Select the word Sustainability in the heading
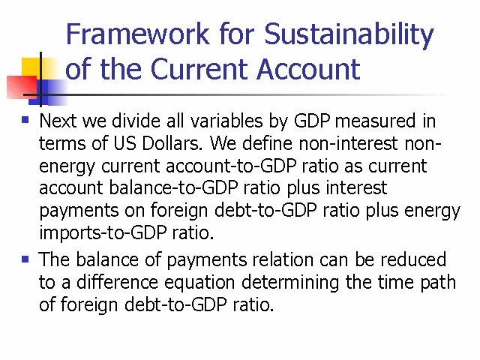349,35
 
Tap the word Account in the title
308,69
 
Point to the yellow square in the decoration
31,67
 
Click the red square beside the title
22,87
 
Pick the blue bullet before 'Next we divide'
25,119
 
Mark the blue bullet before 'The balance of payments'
25,259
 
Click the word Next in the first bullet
58,121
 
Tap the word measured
375,121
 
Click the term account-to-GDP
231,166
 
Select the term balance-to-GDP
173,188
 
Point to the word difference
117,282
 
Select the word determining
290,283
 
